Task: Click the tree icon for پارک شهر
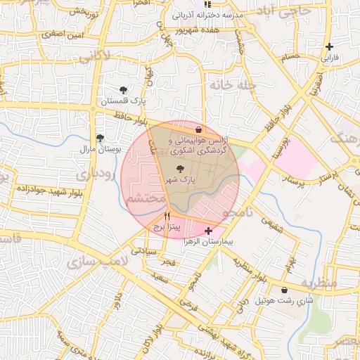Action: tap(180, 169)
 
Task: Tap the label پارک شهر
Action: tap(181, 181)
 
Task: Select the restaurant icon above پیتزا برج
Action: tap(167, 216)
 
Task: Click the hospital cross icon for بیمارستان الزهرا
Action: tap(207, 231)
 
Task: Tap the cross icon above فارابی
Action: tap(329, 47)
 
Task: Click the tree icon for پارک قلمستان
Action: tap(124, 89)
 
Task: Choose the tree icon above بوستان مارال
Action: tap(100, 138)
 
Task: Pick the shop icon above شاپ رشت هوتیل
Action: tap(284, 290)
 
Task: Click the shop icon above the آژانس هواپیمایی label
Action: tap(198, 130)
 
